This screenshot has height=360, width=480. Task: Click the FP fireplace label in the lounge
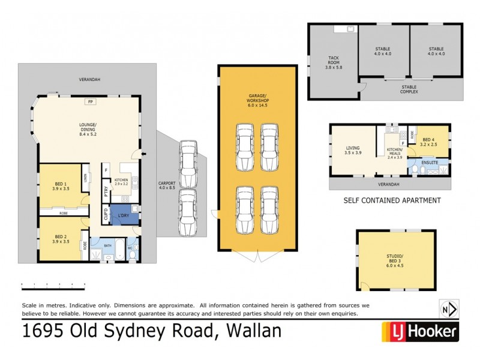(90, 102)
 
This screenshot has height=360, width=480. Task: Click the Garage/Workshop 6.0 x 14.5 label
(257, 100)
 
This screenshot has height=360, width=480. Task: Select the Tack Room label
(333, 61)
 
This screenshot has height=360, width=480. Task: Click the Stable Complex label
(409, 90)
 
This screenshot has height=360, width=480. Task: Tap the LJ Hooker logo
(420, 331)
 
